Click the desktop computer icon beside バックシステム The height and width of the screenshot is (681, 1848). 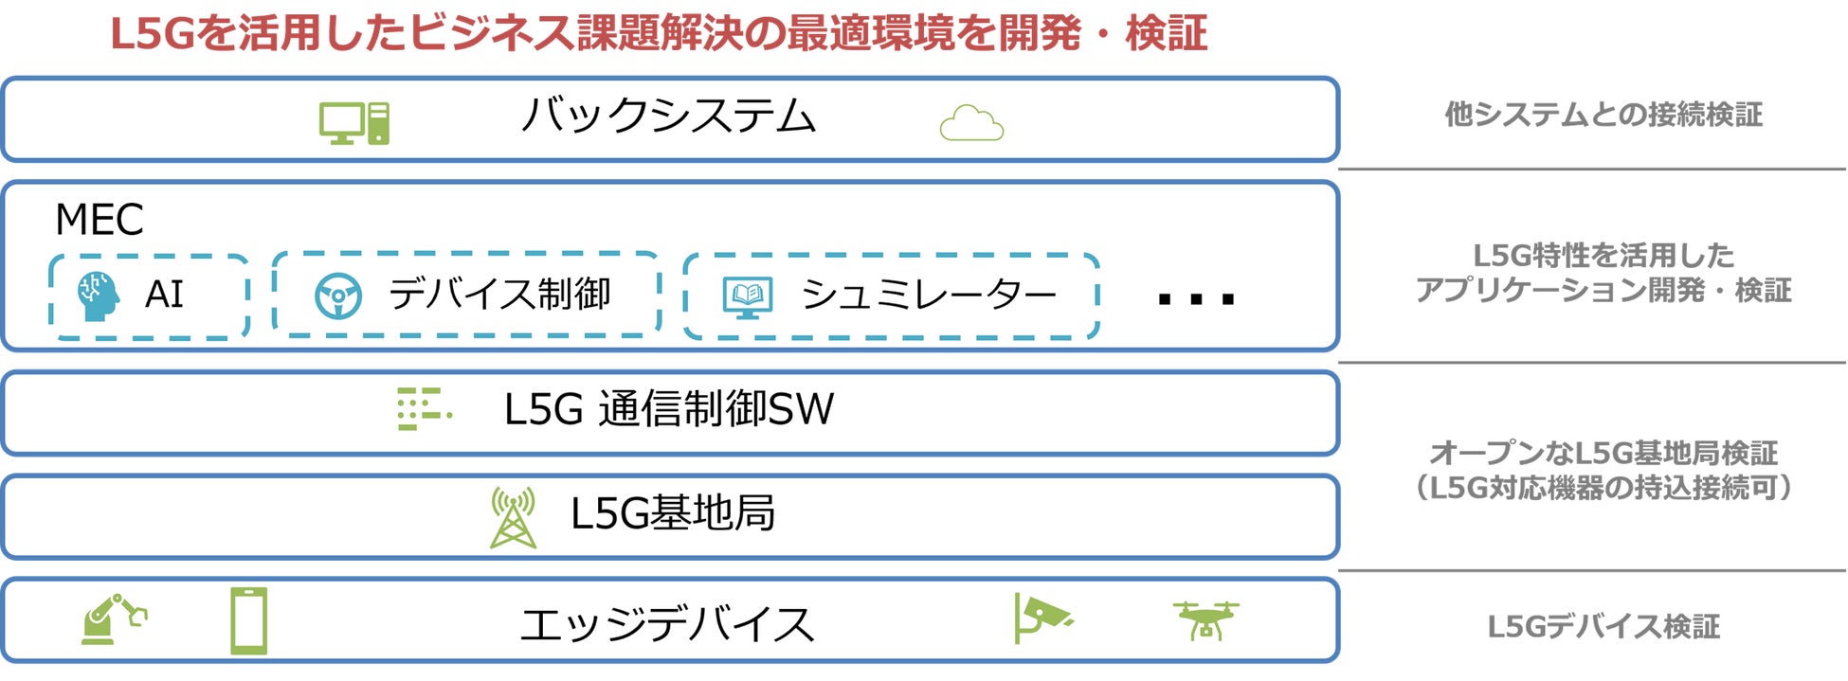point(353,123)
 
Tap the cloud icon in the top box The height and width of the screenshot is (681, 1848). point(970,124)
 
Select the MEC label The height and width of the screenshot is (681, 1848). point(100,220)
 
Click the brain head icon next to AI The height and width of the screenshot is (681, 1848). point(98,296)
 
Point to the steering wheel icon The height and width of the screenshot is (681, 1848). point(338,296)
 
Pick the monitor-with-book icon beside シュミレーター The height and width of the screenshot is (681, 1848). point(748,296)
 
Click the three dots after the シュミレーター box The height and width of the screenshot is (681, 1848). point(1196,299)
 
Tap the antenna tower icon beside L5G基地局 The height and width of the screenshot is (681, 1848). point(513,517)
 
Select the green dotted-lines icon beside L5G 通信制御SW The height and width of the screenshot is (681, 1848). point(423,409)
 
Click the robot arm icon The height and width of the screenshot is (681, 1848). point(113,619)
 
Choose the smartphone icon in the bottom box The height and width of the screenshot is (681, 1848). point(249,620)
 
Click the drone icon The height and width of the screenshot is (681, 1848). point(1205,620)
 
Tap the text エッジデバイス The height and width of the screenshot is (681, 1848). point(667,625)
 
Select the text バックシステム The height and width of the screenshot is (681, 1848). point(668,116)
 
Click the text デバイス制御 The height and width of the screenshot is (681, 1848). point(499,294)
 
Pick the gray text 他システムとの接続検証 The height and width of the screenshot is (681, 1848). point(1603,115)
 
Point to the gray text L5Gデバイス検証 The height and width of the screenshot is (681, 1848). point(1603,626)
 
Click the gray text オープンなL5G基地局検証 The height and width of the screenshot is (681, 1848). point(1603,453)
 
